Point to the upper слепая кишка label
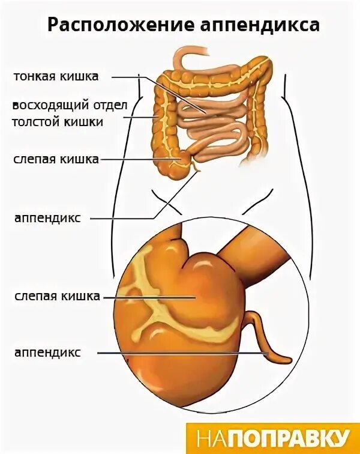(x=56, y=159)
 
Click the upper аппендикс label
(x=47, y=217)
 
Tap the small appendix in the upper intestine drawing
(x=195, y=171)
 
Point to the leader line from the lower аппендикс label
(x=180, y=353)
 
